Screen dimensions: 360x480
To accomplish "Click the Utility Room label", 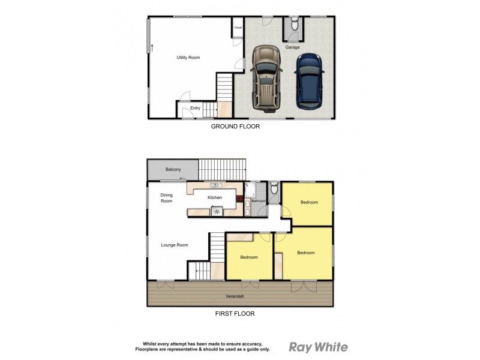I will point(188,58).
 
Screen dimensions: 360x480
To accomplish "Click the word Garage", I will point(292,47).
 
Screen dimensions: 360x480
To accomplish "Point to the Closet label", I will point(238,28).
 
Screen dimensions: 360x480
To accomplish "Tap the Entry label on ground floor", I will point(195,108).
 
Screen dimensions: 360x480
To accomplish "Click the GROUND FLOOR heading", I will point(235,127).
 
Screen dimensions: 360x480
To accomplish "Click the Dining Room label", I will point(166,198).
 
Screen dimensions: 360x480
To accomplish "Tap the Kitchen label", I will point(214,197).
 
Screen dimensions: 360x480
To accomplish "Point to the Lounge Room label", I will point(175,245).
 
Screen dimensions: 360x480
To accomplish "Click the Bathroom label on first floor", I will point(258,201).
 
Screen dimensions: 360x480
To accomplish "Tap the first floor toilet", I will point(274,190).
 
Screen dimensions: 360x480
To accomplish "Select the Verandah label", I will point(235,296).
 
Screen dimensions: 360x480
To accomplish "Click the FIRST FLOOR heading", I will point(235,313).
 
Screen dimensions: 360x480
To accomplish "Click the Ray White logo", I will point(318,347).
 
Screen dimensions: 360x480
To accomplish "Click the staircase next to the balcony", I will point(223,169).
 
